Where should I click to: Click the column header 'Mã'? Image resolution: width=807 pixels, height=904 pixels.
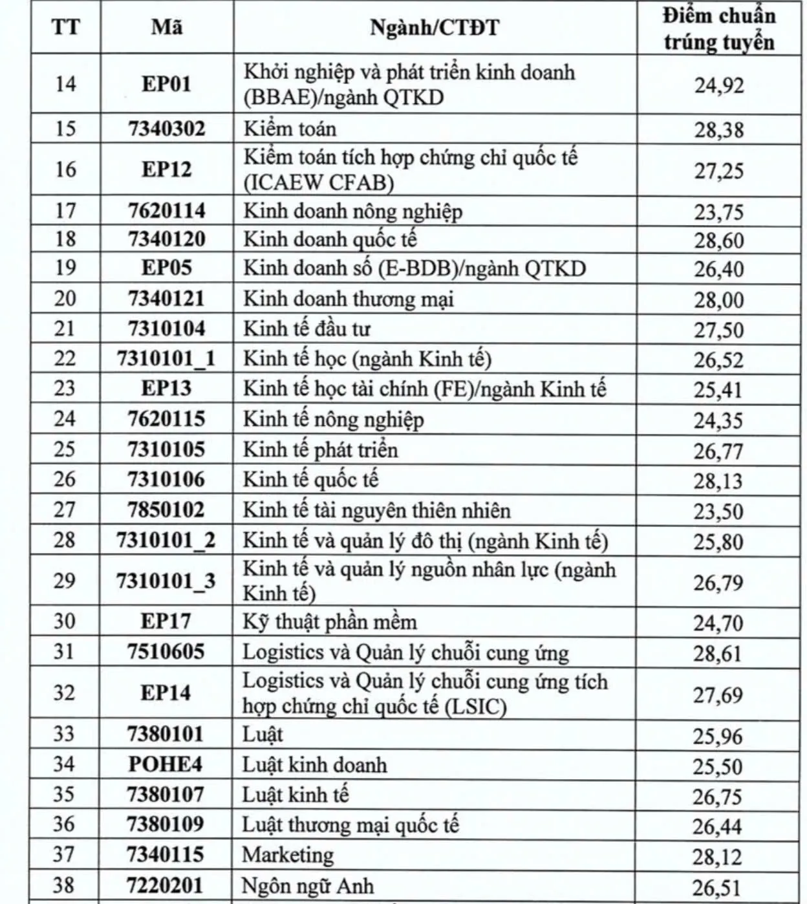[167, 27]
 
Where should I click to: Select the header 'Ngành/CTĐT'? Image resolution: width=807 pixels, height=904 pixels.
[435, 28]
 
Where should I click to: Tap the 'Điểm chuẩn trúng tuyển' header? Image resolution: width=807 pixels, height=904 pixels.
[718, 28]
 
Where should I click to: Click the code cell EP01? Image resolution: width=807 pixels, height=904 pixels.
[167, 84]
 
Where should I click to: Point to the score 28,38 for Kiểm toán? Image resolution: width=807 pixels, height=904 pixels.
[719, 130]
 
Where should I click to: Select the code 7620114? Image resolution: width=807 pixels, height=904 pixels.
[167, 211]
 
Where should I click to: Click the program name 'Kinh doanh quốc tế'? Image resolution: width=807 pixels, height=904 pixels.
[330, 240]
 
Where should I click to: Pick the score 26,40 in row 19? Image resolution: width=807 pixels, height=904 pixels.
[719, 269]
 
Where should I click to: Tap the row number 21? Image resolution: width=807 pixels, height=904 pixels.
[65, 328]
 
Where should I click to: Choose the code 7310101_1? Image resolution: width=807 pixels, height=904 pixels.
[166, 359]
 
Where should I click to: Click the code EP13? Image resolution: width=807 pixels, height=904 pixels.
[167, 389]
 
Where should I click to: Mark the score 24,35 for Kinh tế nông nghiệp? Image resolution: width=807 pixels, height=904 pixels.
[718, 421]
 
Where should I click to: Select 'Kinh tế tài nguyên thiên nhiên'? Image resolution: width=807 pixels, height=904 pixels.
[376, 511]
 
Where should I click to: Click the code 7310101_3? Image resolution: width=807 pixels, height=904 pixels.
[166, 581]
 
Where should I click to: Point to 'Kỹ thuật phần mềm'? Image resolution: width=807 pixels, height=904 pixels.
[330, 622]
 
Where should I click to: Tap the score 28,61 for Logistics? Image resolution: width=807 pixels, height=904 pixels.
[718, 654]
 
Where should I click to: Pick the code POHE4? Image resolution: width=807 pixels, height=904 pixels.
[166, 764]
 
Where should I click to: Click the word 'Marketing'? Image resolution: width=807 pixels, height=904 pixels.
[288, 855]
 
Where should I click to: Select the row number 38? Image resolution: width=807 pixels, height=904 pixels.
[64, 885]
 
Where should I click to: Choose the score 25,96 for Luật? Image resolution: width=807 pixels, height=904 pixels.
[718, 736]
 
